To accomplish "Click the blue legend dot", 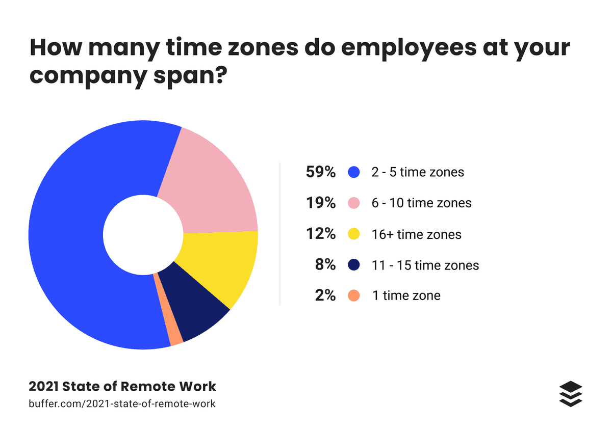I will click(354, 172).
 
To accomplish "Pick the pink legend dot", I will click(354, 203).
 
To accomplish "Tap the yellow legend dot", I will click(354, 234).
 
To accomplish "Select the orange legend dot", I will click(354, 295).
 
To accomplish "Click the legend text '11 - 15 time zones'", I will click(425, 265).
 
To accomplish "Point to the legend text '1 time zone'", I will click(406, 296).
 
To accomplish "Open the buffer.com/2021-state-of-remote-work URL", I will click(122, 404).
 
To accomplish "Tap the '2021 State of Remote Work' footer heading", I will click(122, 387).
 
